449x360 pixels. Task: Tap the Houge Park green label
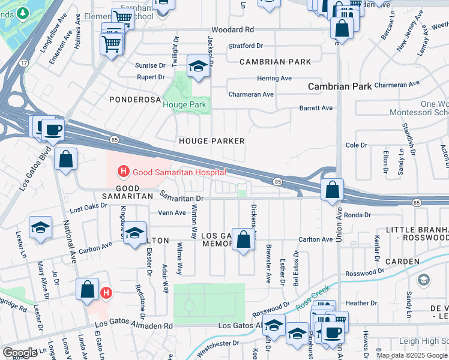pos(184,104)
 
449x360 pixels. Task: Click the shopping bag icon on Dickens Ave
pos(244,240)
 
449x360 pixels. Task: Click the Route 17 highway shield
pos(23,62)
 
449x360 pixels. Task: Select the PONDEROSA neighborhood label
pos(135,99)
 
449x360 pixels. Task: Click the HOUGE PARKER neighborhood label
pos(212,140)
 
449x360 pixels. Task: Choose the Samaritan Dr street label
pos(182,196)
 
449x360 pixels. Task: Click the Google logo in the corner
pos(20,352)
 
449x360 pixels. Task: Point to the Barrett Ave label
pos(316,108)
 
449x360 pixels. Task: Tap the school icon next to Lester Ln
pos(40,227)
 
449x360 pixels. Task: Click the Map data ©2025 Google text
pos(411,355)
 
